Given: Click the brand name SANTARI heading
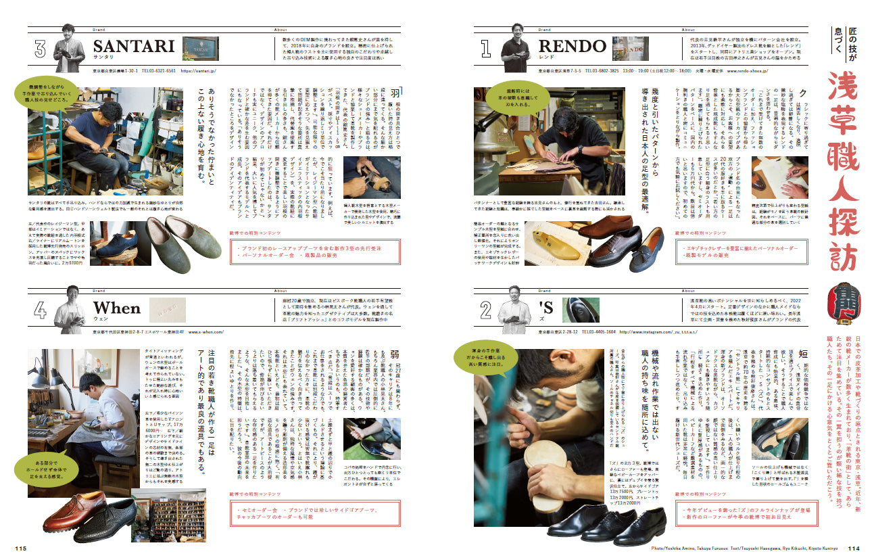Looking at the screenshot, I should pyautogui.click(x=134, y=46).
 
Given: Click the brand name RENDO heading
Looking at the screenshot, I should pyautogui.click(x=573, y=46).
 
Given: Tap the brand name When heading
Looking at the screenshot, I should pyautogui.click(x=116, y=308).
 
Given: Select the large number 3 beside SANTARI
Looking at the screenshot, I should pyautogui.click(x=41, y=49).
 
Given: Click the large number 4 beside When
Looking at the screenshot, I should pyautogui.click(x=41, y=310).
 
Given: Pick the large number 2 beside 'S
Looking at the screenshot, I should pyautogui.click(x=485, y=310).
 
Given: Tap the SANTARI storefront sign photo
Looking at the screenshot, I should pyautogui.click(x=200, y=48).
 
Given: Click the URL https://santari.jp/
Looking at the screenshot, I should pyautogui.click(x=201, y=70).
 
